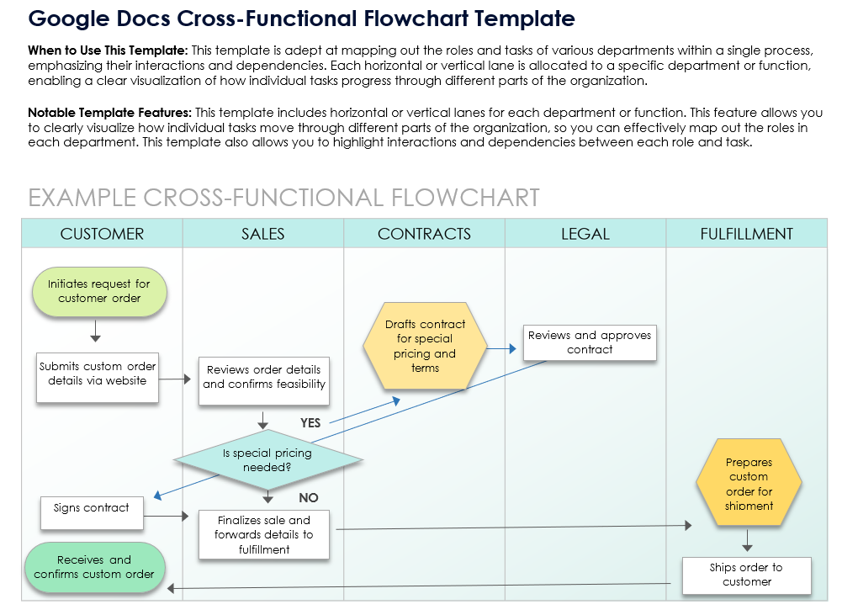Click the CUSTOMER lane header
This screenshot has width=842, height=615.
(x=102, y=234)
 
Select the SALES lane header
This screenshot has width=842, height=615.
(x=262, y=234)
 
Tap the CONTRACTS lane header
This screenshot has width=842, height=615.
(x=424, y=234)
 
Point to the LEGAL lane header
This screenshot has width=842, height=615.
(x=585, y=234)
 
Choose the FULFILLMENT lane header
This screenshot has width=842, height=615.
(x=746, y=234)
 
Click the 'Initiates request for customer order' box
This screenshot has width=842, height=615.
(x=98, y=291)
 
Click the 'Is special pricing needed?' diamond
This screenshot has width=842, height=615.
(x=267, y=459)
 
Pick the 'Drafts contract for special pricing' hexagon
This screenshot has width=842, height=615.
(x=425, y=346)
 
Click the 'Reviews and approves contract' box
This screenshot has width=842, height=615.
(x=590, y=342)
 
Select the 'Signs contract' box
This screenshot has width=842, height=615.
(x=92, y=508)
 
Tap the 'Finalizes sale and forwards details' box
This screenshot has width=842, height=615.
(x=263, y=534)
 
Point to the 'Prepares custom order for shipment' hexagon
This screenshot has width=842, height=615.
(x=749, y=484)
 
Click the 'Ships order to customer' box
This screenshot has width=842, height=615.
(x=746, y=575)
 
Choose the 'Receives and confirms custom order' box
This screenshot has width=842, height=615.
(x=94, y=566)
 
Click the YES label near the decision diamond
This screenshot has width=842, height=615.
(x=311, y=423)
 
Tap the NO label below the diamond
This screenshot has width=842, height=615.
(x=309, y=498)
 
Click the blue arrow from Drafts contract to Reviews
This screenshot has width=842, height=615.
(x=501, y=347)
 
